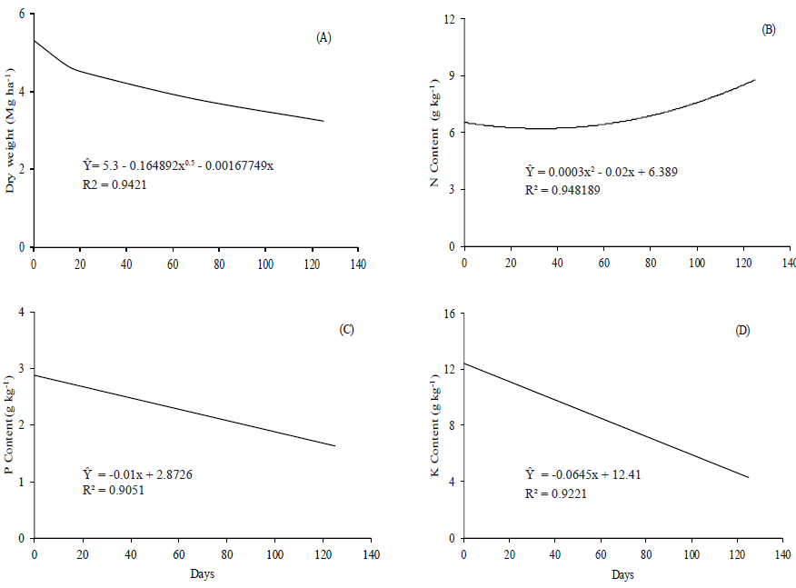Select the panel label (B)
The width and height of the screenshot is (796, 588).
tap(768, 30)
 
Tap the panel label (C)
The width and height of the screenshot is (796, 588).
tap(346, 329)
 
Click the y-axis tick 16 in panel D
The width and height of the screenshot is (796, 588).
tap(449, 314)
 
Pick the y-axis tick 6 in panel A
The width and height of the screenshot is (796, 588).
tap(23, 15)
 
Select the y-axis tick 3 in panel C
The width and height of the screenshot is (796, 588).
tap(23, 369)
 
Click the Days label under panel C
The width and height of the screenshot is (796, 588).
tap(203, 574)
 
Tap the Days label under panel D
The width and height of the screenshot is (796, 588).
tap(622, 576)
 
